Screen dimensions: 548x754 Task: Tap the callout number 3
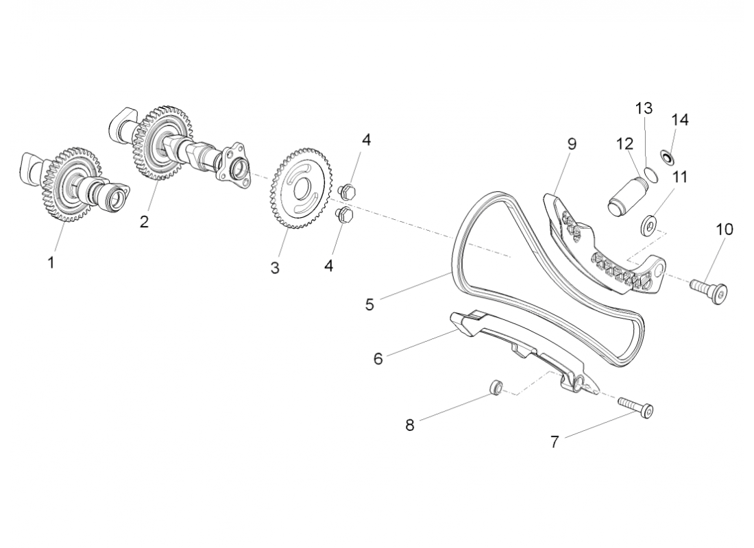275,269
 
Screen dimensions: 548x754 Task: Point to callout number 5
369,305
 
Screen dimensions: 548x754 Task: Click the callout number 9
572,144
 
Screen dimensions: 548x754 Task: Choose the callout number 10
724,229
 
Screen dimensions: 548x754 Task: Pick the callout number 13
644,108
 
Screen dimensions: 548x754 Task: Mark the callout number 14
679,119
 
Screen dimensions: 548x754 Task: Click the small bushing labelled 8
494,388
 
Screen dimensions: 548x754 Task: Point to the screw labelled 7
635,408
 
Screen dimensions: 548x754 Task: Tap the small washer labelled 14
666,158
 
